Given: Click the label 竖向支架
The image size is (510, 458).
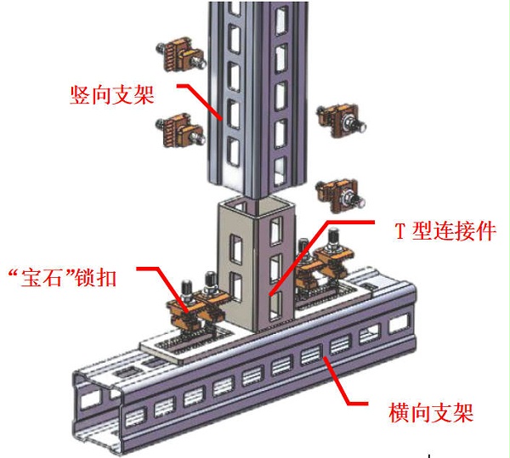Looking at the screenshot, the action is point(112,95).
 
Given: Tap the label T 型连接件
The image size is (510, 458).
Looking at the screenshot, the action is point(445,231).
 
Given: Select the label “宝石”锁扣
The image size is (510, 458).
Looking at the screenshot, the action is point(62,278).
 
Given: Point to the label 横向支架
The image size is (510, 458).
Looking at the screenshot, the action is point(431,412).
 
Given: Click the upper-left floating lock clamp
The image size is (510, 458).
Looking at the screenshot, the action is point(180,55).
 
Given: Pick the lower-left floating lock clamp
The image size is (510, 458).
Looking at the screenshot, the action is point(180,131).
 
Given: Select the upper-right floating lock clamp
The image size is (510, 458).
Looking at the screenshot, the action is point(342,121).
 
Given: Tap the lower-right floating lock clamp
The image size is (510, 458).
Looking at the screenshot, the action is point(340,195).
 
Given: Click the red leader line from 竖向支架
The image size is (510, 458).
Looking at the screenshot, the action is point(200,102).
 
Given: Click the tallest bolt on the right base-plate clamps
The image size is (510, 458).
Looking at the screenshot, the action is point(332,240).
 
